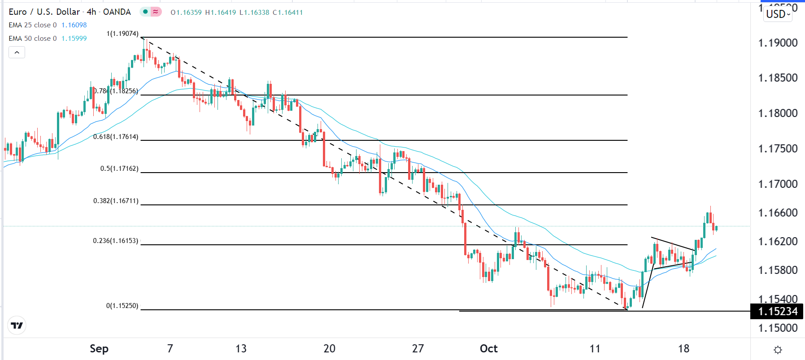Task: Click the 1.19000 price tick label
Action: pyautogui.click(x=778, y=43)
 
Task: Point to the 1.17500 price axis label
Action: pyautogui.click(x=778, y=149)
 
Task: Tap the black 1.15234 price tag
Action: pyautogui.click(x=777, y=311)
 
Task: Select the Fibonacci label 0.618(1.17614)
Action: pyautogui.click(x=116, y=137)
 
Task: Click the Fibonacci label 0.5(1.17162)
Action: pyautogui.click(x=119, y=169)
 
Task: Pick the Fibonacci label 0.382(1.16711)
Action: pyautogui.click(x=116, y=201)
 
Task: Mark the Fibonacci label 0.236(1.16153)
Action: pyautogui.click(x=116, y=241)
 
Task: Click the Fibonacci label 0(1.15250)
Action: pyautogui.click(x=122, y=306)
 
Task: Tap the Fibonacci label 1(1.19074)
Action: pyautogui.click(x=122, y=34)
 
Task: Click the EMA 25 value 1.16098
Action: pyautogui.click(x=74, y=25)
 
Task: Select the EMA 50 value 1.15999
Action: pyautogui.click(x=74, y=39)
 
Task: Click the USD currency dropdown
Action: pyautogui.click(x=778, y=14)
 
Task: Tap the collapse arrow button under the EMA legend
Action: pyautogui.click(x=17, y=52)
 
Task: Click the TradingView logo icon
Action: pyautogui.click(x=17, y=325)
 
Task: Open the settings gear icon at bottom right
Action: pyautogui.click(x=778, y=350)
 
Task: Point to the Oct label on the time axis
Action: pyautogui.click(x=488, y=349)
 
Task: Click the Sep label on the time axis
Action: pyautogui.click(x=99, y=349)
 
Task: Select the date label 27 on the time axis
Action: pyautogui.click(x=418, y=349)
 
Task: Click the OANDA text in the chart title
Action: pyautogui.click(x=117, y=12)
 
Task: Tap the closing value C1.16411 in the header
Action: pyautogui.click(x=288, y=13)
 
